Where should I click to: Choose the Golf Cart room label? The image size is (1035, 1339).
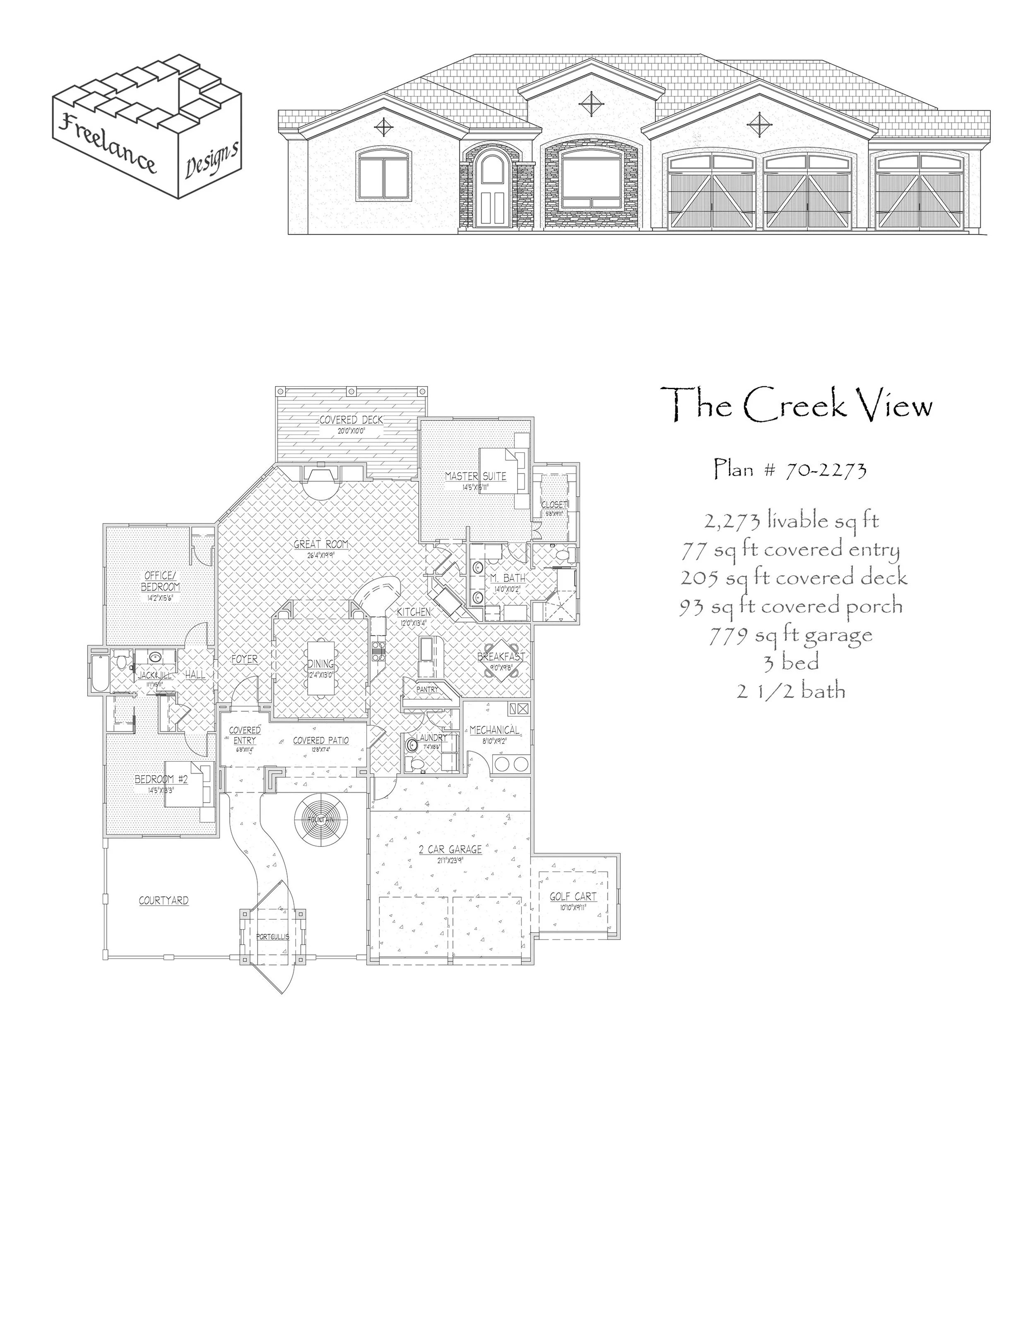tap(573, 897)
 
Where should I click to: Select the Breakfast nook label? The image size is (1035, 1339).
tap(501, 656)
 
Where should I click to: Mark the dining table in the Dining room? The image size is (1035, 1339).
tap(321, 668)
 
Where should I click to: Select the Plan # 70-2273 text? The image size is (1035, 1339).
tap(790, 470)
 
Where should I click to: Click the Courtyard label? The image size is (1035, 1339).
tap(163, 901)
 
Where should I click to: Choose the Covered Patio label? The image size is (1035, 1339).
tap(321, 740)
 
